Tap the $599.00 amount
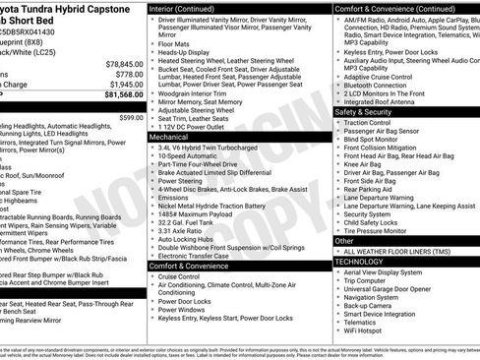131,117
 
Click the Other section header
344,240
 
